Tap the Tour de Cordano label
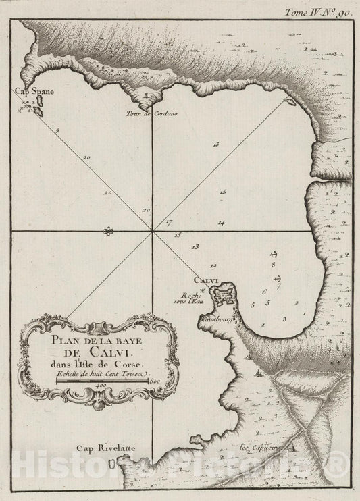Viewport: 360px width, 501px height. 147,113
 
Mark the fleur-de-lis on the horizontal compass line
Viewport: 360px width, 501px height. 107,232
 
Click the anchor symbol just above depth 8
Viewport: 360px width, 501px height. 274,254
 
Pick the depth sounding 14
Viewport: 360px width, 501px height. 221,223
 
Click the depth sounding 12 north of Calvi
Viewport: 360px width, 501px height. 213,265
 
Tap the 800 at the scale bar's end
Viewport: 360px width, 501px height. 154,382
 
